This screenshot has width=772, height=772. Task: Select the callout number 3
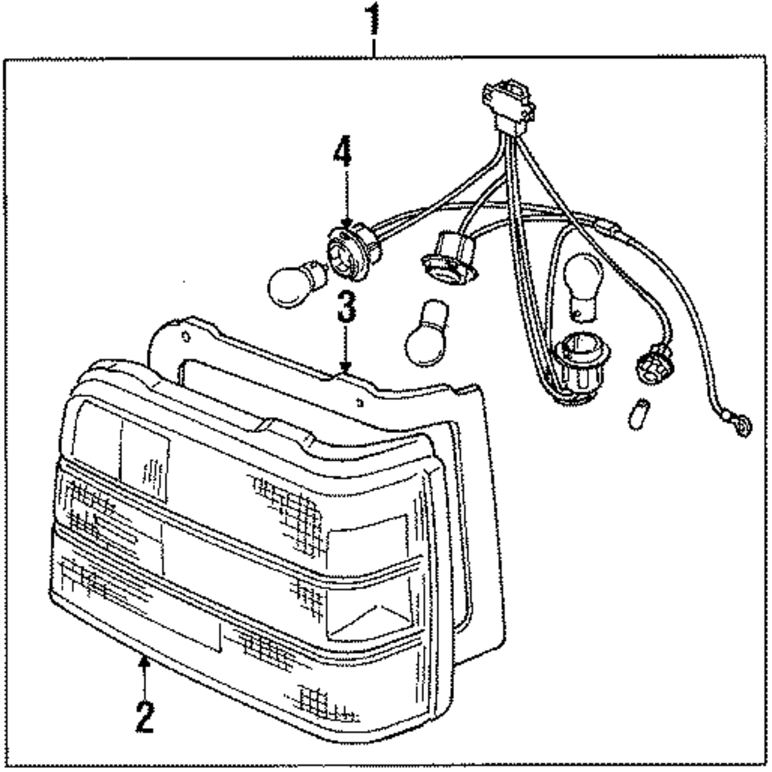pos(345,306)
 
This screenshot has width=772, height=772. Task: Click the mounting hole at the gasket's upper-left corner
pos(186,337)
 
